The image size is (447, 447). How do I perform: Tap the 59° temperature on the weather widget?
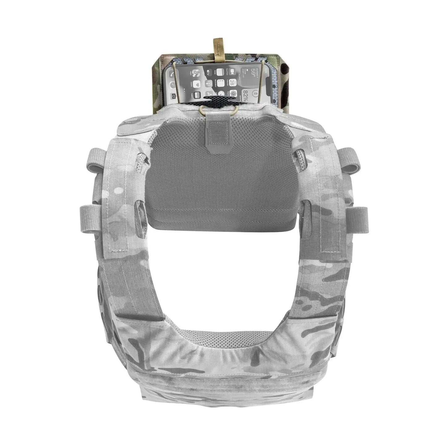254,73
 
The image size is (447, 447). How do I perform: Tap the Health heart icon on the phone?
196,84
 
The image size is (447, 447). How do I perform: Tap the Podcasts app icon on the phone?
208,84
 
